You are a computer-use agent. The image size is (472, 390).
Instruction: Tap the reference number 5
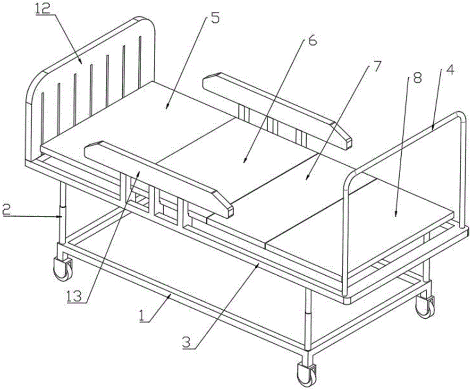click(x=215, y=19)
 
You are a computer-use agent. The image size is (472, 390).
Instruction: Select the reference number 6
click(x=312, y=41)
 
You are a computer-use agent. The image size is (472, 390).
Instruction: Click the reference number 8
click(x=417, y=78)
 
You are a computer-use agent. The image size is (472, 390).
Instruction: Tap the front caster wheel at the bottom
click(x=305, y=374)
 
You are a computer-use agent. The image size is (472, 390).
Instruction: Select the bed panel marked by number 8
click(x=378, y=222)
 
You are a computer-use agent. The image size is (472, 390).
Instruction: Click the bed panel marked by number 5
click(x=156, y=118)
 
